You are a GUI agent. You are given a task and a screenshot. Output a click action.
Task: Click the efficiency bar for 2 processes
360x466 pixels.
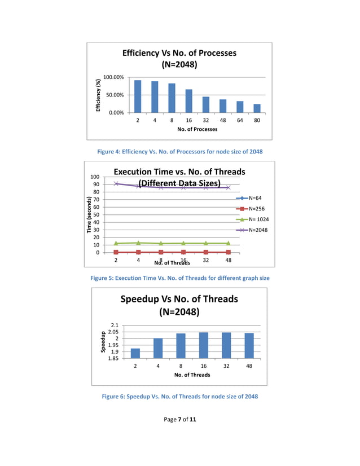138,96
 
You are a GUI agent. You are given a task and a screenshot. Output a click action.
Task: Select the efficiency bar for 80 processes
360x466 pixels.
257,108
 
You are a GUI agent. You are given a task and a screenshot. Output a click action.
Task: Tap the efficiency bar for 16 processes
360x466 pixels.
189,101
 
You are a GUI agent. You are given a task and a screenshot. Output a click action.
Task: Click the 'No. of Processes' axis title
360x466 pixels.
197,129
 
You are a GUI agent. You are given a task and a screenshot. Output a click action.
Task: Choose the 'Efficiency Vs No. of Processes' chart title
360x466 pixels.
179,59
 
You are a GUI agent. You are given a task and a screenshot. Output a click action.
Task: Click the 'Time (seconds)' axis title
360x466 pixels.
89,215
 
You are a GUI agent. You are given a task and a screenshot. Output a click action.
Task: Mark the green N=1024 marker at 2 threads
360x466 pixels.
116,243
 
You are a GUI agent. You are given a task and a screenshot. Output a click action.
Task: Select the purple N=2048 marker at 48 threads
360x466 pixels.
228,187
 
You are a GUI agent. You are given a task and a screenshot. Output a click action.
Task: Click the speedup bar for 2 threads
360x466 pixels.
135,353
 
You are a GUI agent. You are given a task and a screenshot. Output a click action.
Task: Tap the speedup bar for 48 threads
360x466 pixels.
249,345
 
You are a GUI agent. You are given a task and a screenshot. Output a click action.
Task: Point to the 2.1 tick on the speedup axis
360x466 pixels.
115,326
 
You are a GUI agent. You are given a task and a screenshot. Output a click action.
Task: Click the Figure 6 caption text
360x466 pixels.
179,397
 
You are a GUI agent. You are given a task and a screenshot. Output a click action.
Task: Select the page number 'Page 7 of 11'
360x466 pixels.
179,419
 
